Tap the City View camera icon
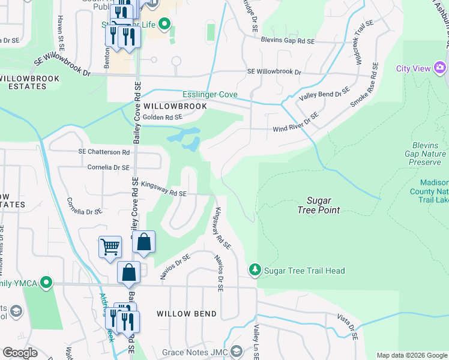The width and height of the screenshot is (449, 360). pos(440,68)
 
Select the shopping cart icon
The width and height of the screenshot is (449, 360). pos(110,247)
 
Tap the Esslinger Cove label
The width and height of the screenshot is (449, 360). pos(210,95)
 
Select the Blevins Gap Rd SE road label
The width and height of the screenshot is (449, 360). pos(288,41)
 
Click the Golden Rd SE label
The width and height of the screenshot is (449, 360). pos(162,118)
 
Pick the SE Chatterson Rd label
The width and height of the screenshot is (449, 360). pos(104,152)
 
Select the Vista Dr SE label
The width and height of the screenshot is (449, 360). pos(347,326)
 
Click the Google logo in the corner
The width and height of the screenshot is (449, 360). pos(20,352)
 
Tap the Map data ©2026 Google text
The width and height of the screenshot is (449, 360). pos(411,355)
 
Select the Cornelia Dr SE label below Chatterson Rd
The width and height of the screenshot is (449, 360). pos(109,167)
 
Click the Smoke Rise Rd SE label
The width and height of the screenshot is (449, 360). pos(364,85)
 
